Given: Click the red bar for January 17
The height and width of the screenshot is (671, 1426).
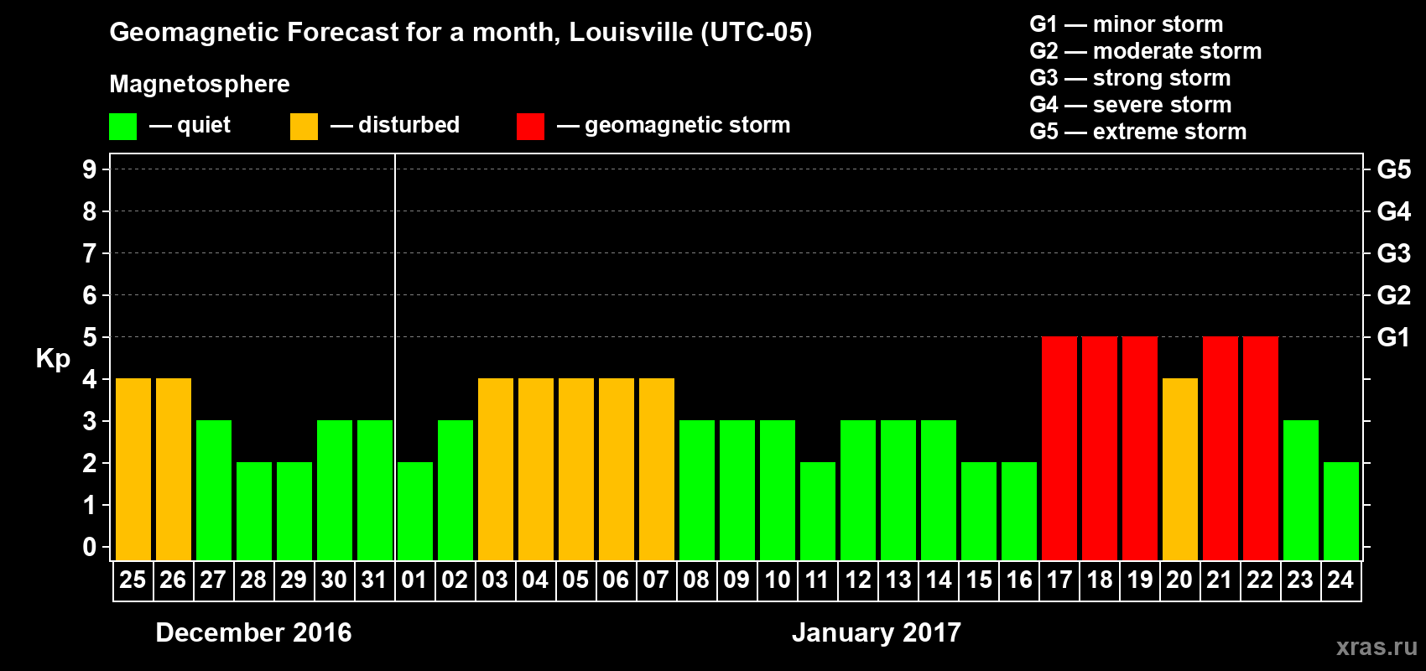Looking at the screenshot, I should click(1059, 448).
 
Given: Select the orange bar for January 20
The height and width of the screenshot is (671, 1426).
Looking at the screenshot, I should click(1180, 469).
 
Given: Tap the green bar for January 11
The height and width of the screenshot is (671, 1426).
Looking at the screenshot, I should click(818, 511).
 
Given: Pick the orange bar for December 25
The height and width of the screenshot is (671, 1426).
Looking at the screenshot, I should click(133, 469).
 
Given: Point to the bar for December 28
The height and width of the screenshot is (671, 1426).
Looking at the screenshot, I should click(254, 511).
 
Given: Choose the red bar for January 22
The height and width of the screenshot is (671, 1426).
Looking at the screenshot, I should click(1261, 448).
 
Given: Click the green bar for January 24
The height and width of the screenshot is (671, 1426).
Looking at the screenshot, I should click(1341, 511).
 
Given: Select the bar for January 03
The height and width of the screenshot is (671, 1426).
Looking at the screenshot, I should click(496, 469).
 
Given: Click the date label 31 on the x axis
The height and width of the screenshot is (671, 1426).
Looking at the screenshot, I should click(374, 580).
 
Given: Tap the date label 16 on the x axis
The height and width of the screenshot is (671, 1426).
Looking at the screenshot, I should click(1019, 580).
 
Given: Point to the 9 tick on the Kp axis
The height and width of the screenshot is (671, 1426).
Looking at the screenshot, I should click(90, 169).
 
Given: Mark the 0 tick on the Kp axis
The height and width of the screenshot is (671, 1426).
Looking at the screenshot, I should click(90, 547).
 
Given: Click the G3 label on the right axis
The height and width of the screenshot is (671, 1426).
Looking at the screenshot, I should click(1393, 253).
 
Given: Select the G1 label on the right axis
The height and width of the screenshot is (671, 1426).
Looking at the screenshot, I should click(1393, 337).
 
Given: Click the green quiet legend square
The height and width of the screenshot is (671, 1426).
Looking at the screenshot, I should click(123, 127).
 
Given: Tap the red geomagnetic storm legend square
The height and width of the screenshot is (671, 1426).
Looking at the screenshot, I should click(530, 127).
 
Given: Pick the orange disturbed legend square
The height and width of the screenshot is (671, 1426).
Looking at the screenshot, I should click(304, 127).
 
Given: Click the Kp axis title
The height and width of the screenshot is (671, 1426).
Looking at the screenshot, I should click(53, 359).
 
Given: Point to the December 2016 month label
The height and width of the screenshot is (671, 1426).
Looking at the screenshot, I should click(253, 632).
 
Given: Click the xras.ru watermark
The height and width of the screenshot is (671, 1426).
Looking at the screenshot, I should click(1377, 647).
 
